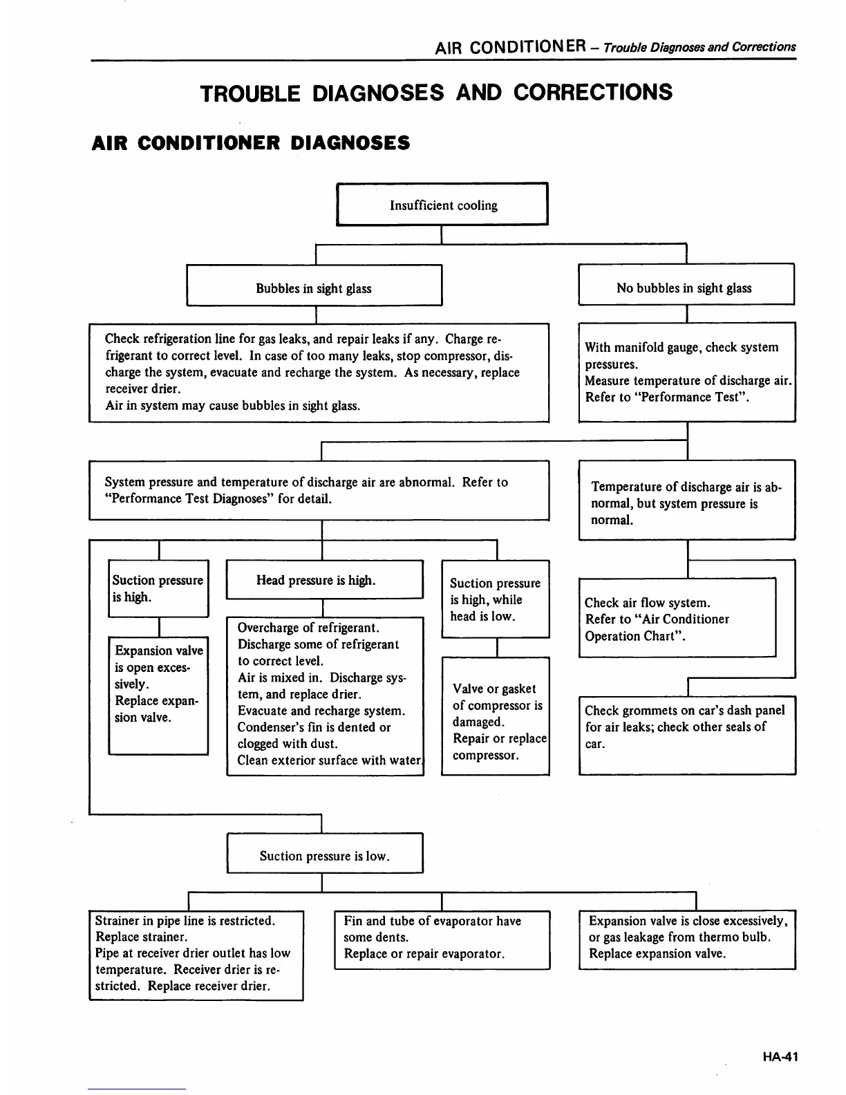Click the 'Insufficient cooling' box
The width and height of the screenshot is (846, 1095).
point(442,205)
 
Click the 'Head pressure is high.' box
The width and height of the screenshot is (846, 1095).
point(323,580)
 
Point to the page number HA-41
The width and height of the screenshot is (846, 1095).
point(780,1056)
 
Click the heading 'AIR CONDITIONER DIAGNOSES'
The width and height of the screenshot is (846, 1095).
point(251,143)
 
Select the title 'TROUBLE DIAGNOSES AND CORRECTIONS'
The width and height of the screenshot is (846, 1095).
point(435,93)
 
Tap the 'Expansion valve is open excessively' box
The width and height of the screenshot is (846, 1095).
point(158,694)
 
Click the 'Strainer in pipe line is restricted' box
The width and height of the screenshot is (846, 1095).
point(196,954)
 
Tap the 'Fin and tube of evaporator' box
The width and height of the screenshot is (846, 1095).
point(442,939)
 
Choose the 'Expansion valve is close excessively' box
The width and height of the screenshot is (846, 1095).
point(687,939)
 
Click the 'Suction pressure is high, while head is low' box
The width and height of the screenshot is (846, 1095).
point(496,599)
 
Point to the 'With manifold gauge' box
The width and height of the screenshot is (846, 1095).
point(686,372)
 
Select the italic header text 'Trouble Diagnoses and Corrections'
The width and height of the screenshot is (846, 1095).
point(699,47)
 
